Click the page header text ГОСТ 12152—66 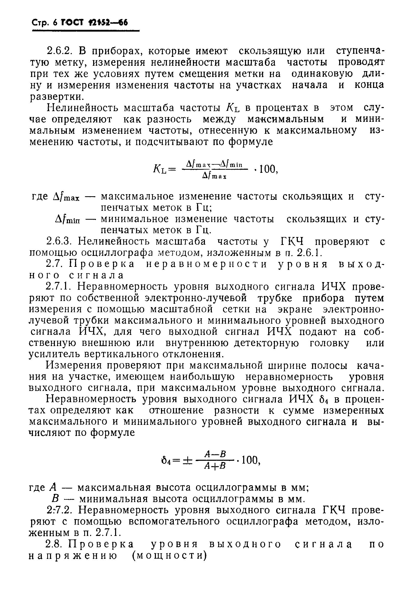tap(94, 23)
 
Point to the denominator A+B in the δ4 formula tap(215, 466)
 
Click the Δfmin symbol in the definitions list tap(68, 220)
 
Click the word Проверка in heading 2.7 tap(102, 264)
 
